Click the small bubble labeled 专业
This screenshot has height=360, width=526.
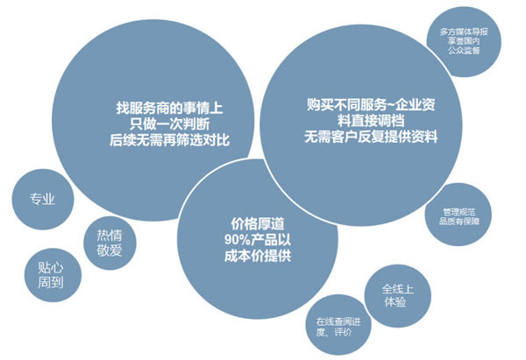click(42, 199)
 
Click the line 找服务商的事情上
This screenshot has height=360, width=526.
click(167, 108)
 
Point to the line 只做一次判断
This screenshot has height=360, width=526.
click(167, 124)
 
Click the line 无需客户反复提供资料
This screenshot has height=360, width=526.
click(372, 138)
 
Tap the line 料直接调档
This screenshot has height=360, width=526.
click(372, 121)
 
